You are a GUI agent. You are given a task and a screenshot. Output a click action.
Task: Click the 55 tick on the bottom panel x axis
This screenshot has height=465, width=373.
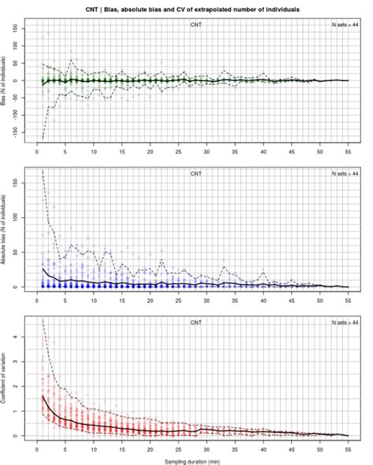tap(348, 448)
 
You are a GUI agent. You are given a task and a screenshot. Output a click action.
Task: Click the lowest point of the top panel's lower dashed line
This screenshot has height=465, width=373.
tap(42, 138)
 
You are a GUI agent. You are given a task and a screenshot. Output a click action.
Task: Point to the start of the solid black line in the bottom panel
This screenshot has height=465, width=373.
tap(42, 396)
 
